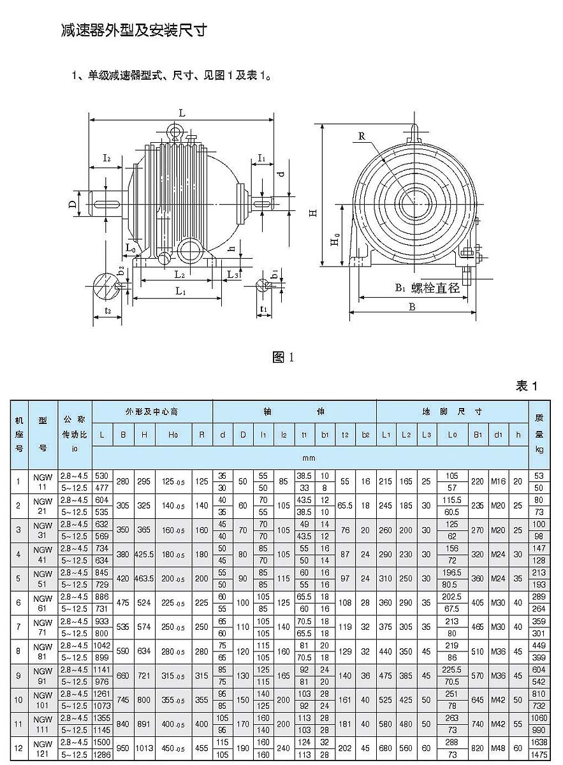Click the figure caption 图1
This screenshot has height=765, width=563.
pyautogui.click(x=282, y=357)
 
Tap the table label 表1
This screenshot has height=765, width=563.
pyautogui.click(x=527, y=386)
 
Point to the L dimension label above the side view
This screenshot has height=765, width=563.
pyautogui.click(x=182, y=112)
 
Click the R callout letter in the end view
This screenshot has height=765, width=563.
pyautogui.click(x=362, y=136)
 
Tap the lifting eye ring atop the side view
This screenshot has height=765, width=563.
pyautogui.click(x=175, y=131)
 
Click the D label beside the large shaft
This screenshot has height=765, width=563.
pyautogui.click(x=73, y=204)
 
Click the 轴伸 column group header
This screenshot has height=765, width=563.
pyautogui.click(x=294, y=412)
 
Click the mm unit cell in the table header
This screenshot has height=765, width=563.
pyautogui.click(x=309, y=458)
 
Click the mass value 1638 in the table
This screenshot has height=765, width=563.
pyautogui.click(x=539, y=743)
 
